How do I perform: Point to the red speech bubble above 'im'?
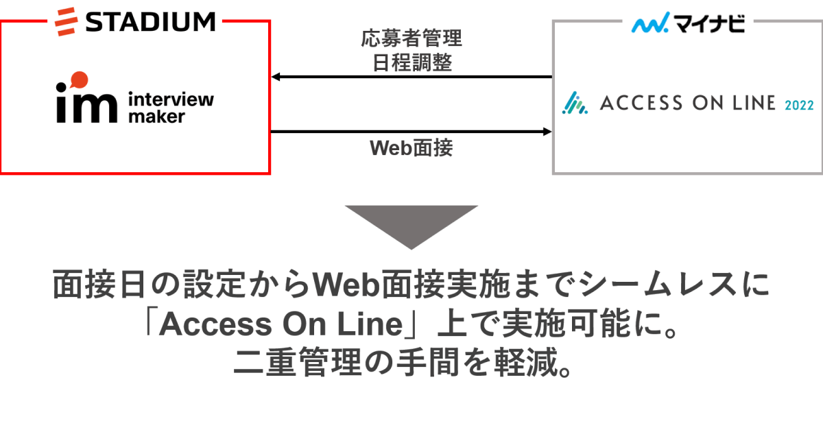click(78, 79)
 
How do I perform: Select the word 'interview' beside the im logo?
click(171, 99)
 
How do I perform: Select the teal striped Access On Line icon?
click(575, 104)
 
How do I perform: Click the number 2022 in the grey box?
click(798, 106)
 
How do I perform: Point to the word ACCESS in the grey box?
click(641, 104)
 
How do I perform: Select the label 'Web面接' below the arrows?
click(411, 147)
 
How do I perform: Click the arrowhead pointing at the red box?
click(276, 77)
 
